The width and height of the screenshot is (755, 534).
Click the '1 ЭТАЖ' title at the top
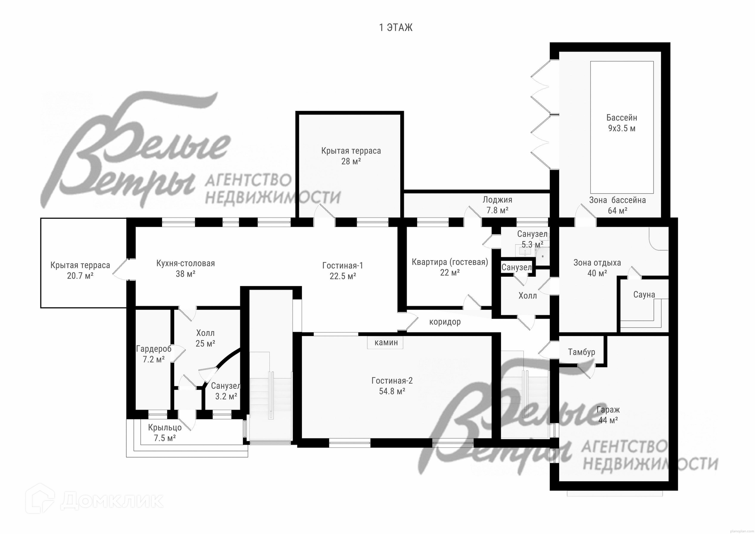point(396,28)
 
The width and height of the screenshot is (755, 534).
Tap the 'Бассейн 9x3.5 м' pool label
point(622,123)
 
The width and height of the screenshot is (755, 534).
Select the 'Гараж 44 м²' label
point(608,415)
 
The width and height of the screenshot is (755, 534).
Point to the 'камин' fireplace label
point(386,342)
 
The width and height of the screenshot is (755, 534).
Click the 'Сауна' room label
point(644,294)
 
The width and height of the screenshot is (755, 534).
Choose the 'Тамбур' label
point(582,352)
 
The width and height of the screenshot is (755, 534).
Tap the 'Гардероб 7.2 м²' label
point(154,354)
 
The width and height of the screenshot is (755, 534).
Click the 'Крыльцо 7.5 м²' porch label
point(165,432)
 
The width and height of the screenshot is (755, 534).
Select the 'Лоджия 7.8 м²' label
point(497,205)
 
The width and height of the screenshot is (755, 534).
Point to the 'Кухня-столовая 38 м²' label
point(186,268)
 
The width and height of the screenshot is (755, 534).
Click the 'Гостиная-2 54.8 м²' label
point(392,386)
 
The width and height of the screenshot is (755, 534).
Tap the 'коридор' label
point(445,322)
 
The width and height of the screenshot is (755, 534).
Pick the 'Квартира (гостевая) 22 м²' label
point(450,267)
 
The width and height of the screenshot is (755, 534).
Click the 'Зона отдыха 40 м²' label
point(597,268)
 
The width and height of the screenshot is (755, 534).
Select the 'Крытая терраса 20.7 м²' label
point(80,270)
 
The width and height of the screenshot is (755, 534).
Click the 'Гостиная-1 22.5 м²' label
point(343,271)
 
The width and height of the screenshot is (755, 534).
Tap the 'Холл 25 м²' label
point(205,338)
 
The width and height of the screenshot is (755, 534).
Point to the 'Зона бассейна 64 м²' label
point(617,205)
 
